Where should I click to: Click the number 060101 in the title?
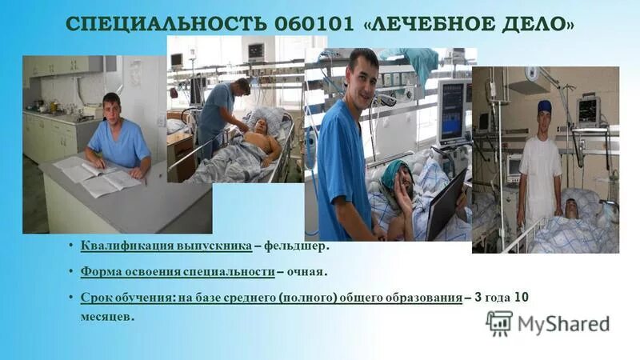click(310, 26)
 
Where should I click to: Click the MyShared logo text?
click(563, 323)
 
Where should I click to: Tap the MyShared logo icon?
click(499, 322)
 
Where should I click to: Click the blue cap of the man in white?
click(545, 106)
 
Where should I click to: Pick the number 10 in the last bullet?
click(520, 298)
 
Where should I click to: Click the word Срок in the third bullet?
click(95, 298)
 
